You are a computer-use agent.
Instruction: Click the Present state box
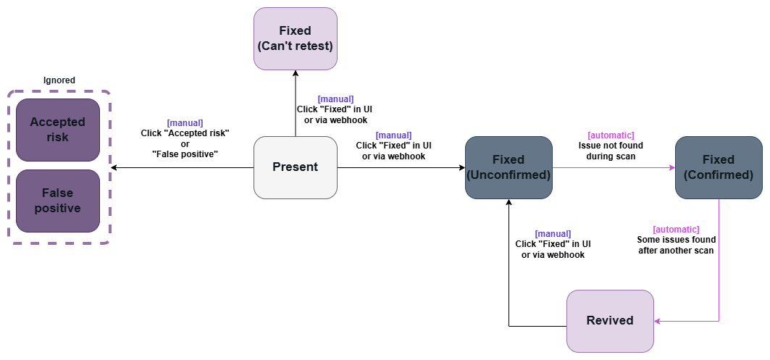pos(295,167)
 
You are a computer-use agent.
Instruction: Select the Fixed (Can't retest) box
pos(295,38)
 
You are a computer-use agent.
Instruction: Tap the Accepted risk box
pos(57,130)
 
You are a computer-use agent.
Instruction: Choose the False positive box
pos(57,201)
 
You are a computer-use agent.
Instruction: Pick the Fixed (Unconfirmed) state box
pos(508,167)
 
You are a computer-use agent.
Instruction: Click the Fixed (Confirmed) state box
pos(718,167)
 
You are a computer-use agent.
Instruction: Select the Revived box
pos(609,321)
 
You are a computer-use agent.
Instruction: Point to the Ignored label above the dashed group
pos(59,80)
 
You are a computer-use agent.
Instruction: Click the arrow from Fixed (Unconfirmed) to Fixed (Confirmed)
pos(612,167)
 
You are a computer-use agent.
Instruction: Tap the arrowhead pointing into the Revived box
pos(657,321)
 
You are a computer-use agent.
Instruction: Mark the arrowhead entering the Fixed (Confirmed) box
pos(671,167)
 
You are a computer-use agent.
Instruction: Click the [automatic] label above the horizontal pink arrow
pos(611,135)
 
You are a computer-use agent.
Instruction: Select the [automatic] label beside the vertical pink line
pos(676,230)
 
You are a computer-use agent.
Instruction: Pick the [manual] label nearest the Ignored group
pos(185,123)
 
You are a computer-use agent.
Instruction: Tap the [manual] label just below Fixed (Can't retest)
pos(335,99)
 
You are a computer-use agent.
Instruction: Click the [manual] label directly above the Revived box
pos(553,234)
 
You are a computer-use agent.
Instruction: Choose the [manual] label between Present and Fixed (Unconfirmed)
pos(393,135)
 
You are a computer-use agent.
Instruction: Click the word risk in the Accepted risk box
pos(57,137)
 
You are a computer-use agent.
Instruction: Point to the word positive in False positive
pos(57,209)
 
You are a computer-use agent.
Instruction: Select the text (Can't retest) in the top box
pos(295,46)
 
